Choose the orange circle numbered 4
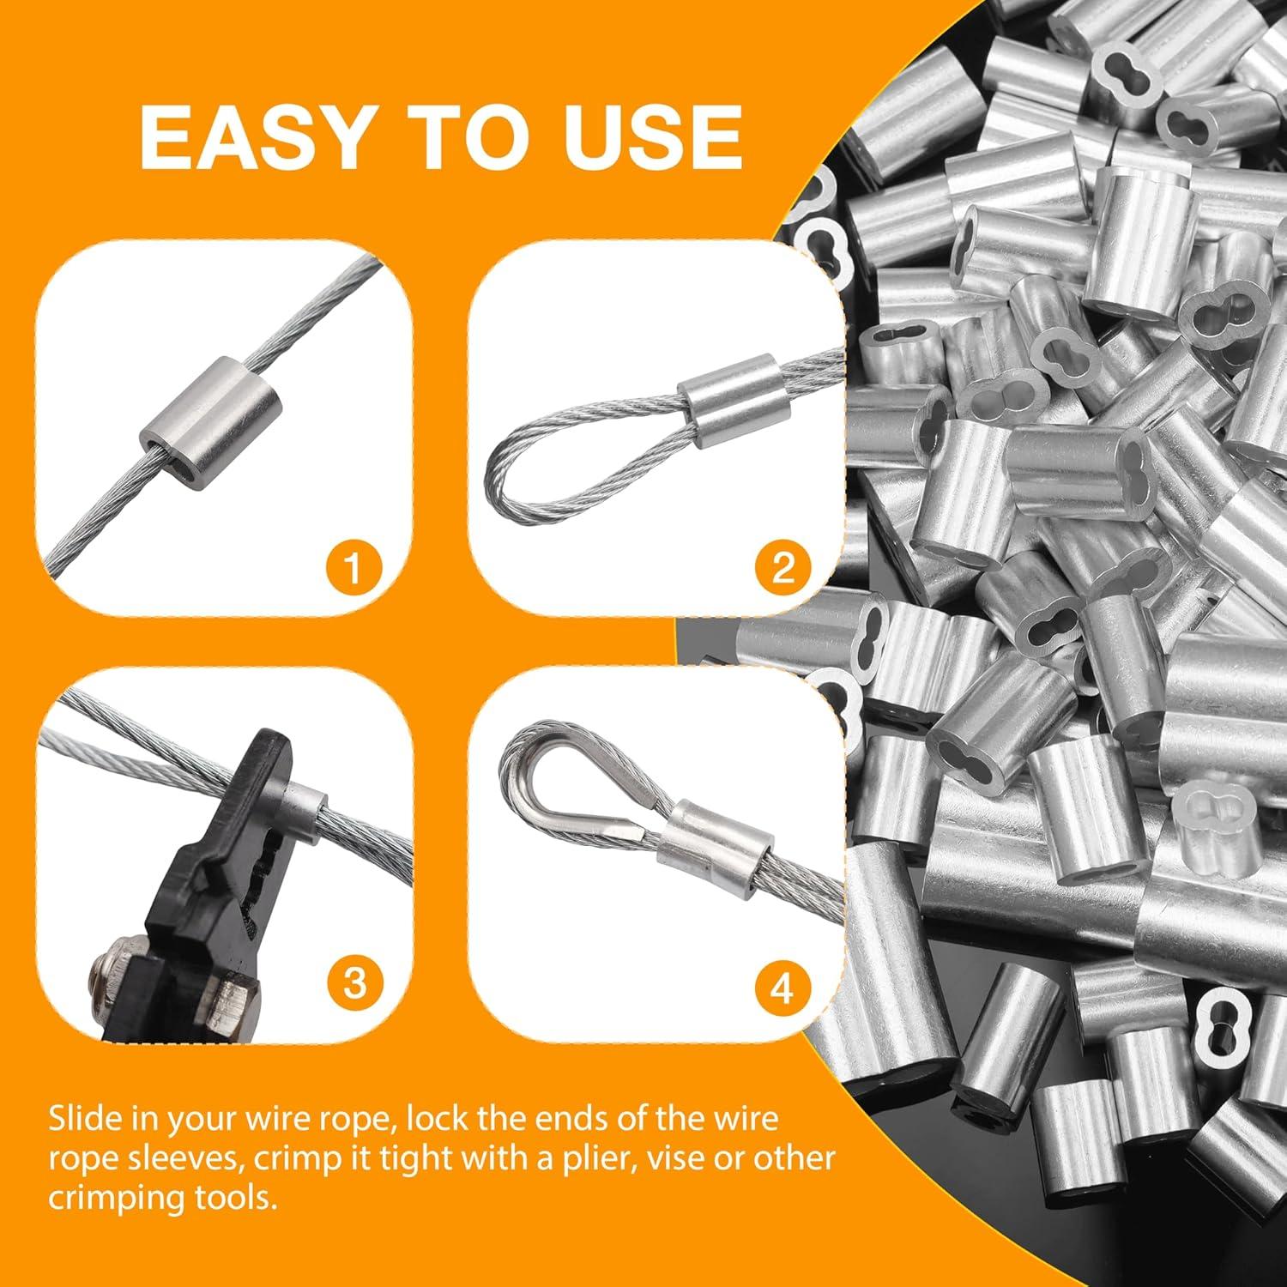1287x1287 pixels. pos(782,988)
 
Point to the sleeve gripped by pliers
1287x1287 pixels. pos(307,805)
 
